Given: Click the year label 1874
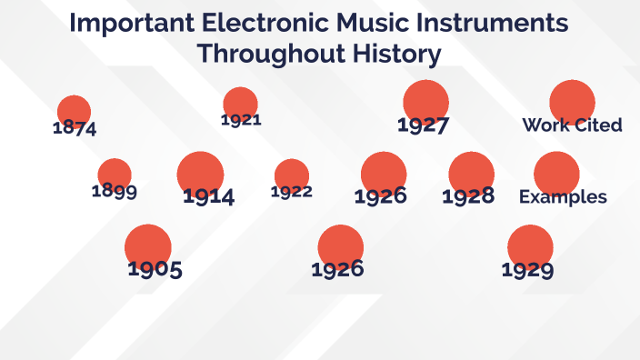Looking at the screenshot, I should pyautogui.click(x=75, y=128).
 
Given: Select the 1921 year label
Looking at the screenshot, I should pyautogui.click(x=241, y=119).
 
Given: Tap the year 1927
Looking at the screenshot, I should pyautogui.click(x=424, y=125).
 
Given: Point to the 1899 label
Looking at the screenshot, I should pyautogui.click(x=115, y=191).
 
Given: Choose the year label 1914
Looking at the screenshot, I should pyautogui.click(x=208, y=195).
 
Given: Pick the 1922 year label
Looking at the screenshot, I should pyautogui.click(x=292, y=191).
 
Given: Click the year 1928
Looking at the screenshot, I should pyautogui.click(x=469, y=195).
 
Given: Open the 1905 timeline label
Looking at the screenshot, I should pyautogui.click(x=155, y=269).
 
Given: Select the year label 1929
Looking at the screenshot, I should pyautogui.click(x=527, y=269).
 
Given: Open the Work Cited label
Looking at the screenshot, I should pyautogui.click(x=572, y=125).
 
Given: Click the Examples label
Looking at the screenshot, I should pyautogui.click(x=563, y=197).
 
